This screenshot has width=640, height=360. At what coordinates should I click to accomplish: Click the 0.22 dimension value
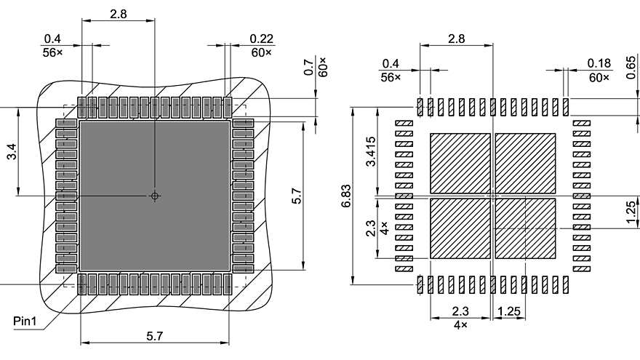tap(261, 39)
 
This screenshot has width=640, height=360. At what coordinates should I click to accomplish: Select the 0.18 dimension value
tap(600, 63)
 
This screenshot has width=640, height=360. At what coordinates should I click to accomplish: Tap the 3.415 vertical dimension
tap(372, 151)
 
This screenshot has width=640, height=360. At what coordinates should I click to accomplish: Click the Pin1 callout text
tap(25, 320)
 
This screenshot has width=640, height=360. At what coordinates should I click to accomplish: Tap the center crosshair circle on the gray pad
tap(154, 196)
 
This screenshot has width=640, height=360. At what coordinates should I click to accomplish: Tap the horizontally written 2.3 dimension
tap(460, 311)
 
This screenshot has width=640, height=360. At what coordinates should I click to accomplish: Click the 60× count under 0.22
tap(261, 52)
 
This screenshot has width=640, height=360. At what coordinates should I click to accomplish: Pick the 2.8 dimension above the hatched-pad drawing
tap(457, 38)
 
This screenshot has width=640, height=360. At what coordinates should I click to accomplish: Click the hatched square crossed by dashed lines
tap(525, 228)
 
